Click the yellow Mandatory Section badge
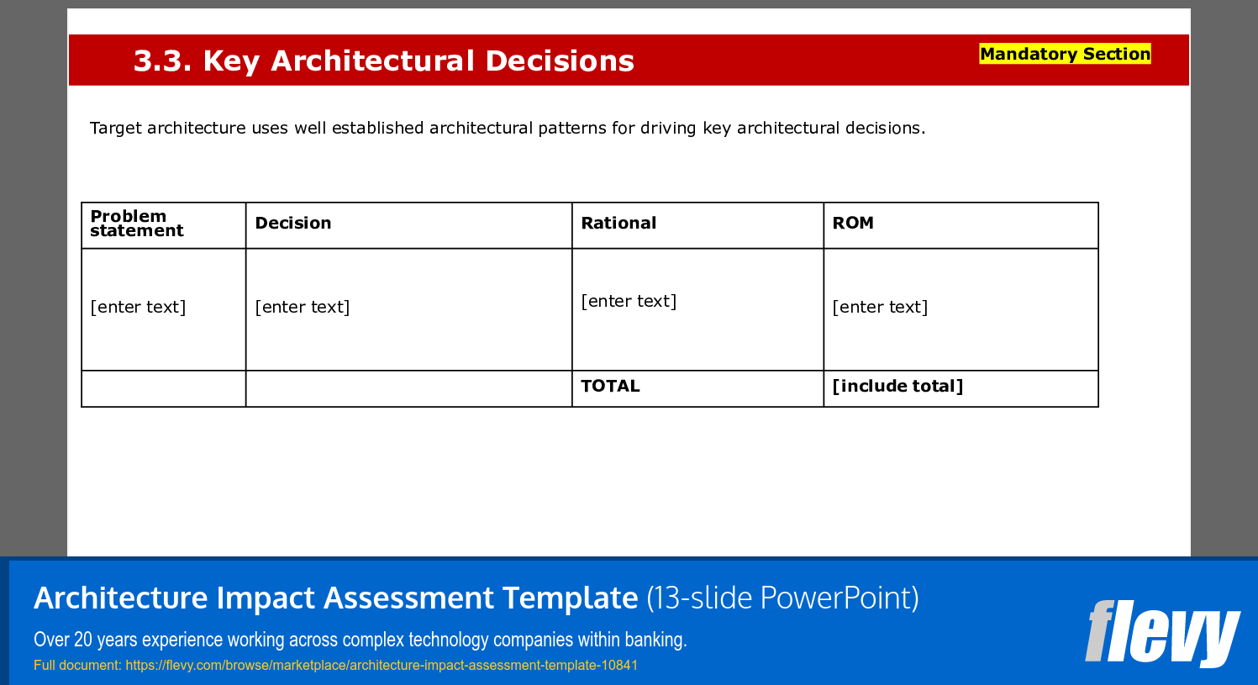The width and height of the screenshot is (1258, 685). [1065, 55]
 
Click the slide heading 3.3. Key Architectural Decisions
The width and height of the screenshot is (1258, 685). [383, 61]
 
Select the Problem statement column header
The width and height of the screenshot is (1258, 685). [136, 224]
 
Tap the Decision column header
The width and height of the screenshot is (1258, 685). [292, 224]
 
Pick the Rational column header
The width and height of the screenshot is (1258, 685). [618, 224]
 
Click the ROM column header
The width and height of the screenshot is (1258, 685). [853, 224]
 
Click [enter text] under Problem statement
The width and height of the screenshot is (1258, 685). [138, 308]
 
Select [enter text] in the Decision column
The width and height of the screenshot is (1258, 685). [303, 308]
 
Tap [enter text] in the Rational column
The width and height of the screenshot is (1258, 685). [629, 302]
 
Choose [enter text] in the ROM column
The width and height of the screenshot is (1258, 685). [880, 308]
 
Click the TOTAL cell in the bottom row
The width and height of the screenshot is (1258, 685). [610, 387]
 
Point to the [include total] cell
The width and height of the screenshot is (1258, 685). [897, 387]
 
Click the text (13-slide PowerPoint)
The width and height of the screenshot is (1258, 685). [782, 598]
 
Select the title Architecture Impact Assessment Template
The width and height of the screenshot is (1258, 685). [336, 598]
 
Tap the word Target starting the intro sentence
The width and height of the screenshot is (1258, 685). [116, 129]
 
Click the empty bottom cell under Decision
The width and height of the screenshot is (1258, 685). [408, 389]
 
